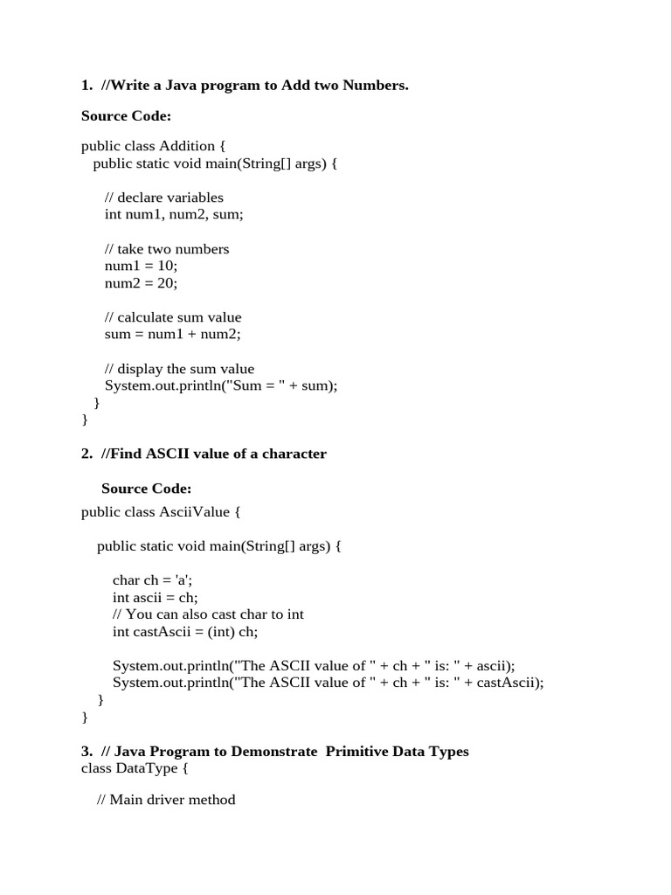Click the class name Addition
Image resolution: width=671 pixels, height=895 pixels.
185,146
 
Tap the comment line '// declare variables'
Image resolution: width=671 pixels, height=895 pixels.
163,198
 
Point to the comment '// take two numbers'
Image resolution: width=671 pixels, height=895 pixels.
167,249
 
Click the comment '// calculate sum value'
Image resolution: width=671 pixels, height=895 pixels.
173,317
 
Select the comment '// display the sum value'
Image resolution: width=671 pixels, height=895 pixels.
179,369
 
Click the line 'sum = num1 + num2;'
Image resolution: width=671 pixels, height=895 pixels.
172,334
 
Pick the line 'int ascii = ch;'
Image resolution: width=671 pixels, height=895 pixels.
156,598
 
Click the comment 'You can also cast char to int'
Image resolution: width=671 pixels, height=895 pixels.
215,614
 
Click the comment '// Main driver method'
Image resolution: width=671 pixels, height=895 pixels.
166,799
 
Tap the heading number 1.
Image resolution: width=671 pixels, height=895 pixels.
86,86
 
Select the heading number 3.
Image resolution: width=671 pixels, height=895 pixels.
86,752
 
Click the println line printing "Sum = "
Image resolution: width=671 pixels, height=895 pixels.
221,385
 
